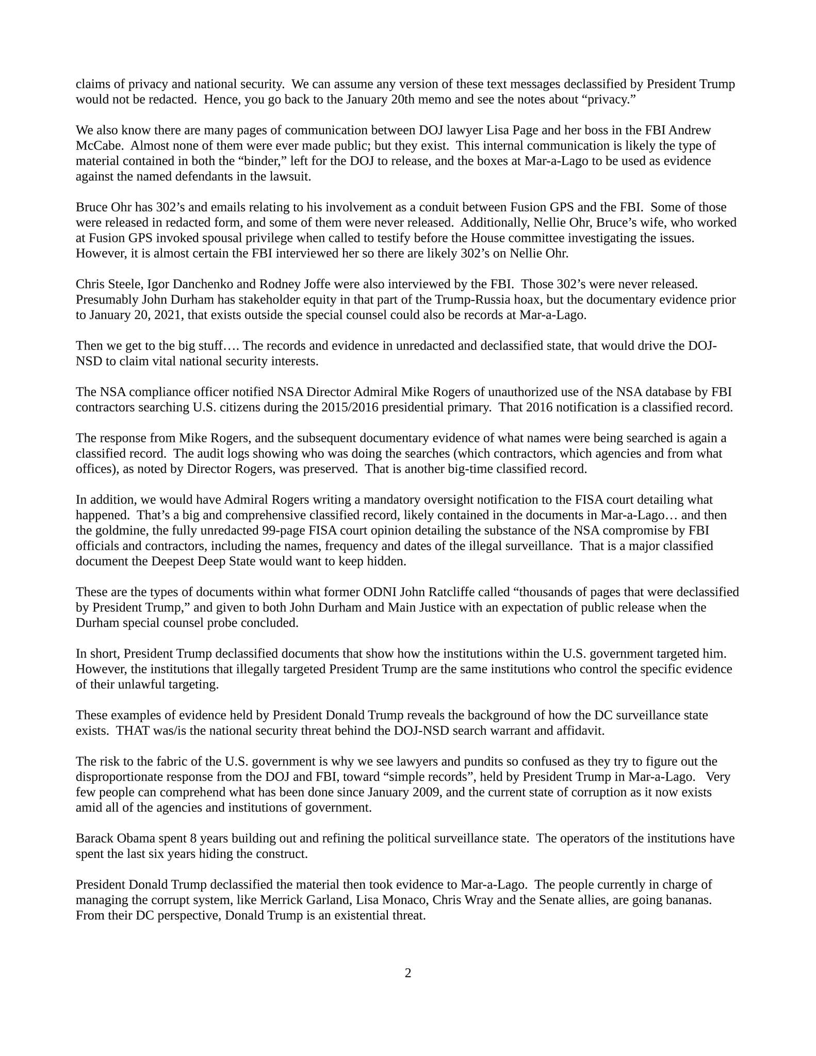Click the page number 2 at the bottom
(408, 973)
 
